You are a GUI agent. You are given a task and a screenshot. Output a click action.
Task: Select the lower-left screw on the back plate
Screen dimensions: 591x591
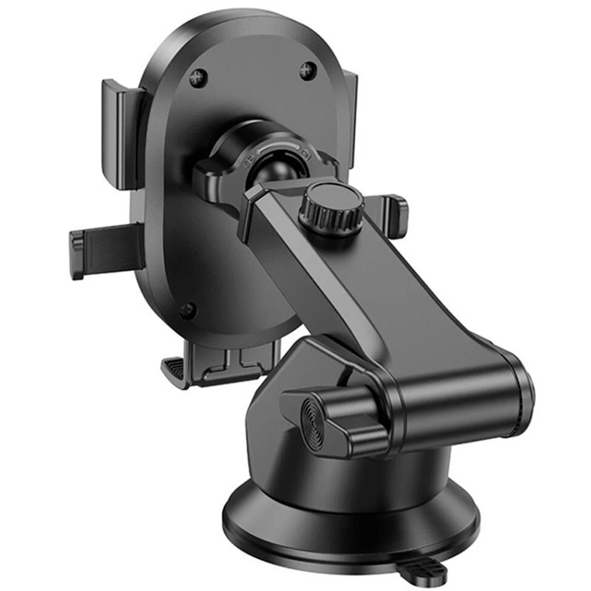(x=186, y=310)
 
